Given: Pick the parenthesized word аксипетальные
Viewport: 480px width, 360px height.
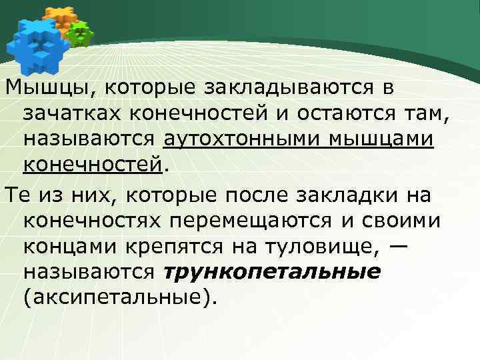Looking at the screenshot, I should [x=119, y=298].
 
